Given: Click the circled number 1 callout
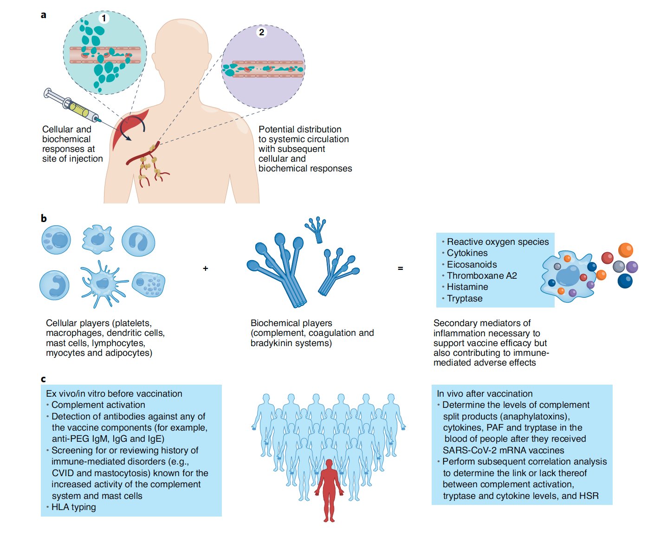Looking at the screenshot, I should [x=104, y=18].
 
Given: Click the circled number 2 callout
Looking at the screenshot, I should [x=262, y=32].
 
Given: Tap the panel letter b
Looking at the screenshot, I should [x=44, y=218].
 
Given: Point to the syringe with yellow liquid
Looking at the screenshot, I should [x=74, y=105].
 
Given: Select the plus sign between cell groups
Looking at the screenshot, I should [x=206, y=268].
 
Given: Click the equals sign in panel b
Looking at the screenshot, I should [x=401, y=268].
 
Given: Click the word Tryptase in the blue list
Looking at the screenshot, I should [x=465, y=299].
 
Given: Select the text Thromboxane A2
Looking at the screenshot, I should [x=482, y=276].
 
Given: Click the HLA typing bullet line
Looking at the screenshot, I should [x=73, y=507].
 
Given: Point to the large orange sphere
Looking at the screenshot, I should [x=626, y=250].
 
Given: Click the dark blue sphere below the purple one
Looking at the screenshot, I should [x=625, y=281].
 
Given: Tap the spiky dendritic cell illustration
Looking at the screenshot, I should [x=104, y=283].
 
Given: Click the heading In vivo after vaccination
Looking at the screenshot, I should [x=485, y=394].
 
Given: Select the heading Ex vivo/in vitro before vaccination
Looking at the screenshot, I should [x=114, y=394].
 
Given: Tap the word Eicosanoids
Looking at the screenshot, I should [x=472, y=265].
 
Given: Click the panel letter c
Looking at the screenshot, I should [x=43, y=380].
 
